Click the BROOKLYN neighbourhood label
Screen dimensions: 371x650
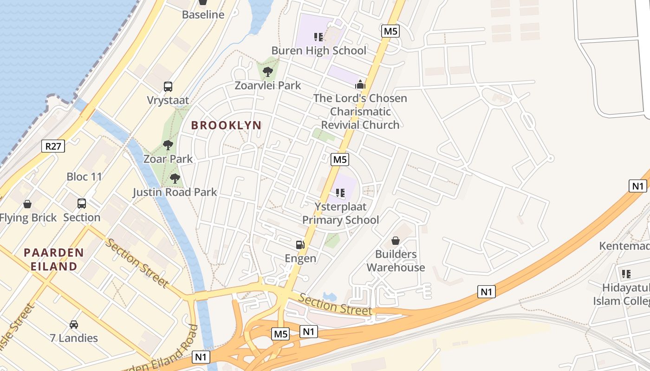226,125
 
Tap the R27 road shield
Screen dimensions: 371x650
53,147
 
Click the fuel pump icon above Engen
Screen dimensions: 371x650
300,244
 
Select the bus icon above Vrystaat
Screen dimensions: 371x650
168,86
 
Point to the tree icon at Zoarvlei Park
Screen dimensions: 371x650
267,71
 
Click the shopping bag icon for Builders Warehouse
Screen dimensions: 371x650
396,240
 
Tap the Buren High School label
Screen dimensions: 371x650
318,51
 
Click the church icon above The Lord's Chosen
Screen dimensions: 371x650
360,84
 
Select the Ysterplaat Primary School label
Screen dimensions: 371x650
341,213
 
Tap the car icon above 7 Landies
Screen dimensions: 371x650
74,324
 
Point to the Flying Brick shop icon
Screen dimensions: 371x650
28,204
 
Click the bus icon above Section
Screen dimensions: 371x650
82,203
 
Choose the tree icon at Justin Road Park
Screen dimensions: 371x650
175,178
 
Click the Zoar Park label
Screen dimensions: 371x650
168,159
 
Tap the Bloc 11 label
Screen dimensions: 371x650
84,177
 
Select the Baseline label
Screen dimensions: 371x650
203,14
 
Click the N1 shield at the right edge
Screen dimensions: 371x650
638,186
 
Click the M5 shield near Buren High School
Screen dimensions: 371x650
390,31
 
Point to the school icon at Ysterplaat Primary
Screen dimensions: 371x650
340,192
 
